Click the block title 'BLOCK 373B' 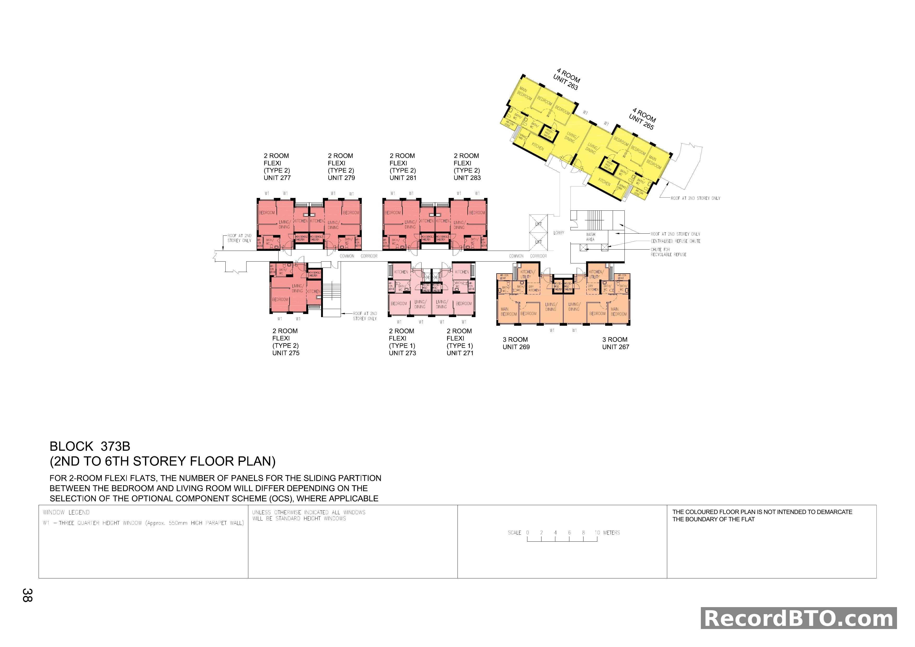(x=90, y=446)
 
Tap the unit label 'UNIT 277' (x=277, y=178)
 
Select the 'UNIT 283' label (x=467, y=178)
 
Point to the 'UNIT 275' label (x=286, y=353)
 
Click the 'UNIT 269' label (x=516, y=347)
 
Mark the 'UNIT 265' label (x=641, y=122)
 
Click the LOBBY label (x=559, y=233)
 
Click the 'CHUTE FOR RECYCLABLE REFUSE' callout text (x=668, y=252)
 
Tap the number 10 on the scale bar (x=597, y=533)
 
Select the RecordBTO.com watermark (x=799, y=618)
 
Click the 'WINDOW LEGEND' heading (x=66, y=512)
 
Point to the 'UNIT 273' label (x=402, y=353)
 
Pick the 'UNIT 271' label (x=460, y=353)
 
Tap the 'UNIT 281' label (x=403, y=178)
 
